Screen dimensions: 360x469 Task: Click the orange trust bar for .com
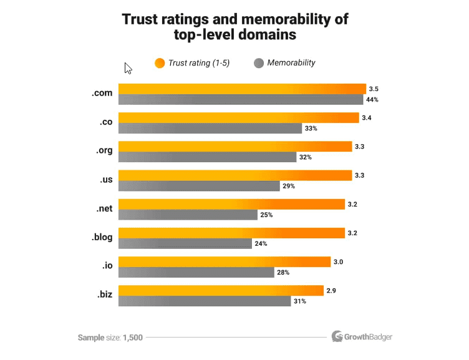242,89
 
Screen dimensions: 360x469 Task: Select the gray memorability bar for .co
210,129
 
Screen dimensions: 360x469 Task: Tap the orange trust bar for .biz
221,291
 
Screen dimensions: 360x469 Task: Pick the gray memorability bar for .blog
185,244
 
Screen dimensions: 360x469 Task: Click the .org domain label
104,151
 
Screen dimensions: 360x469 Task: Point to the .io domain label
107,266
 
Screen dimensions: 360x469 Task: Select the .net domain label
104,208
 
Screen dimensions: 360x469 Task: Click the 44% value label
373,100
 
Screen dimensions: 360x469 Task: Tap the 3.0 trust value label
338,262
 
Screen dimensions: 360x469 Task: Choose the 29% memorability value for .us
288,186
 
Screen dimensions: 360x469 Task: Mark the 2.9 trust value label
331,291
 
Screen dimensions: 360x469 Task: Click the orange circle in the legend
160,62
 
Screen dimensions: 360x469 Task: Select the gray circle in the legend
259,62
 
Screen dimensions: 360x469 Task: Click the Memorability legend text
291,62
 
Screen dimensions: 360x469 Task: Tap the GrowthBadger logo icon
337,337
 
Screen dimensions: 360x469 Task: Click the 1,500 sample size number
133,338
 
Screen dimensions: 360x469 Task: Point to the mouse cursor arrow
128,68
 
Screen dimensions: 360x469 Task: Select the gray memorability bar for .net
188,215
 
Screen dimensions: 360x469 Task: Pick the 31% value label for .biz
300,302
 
